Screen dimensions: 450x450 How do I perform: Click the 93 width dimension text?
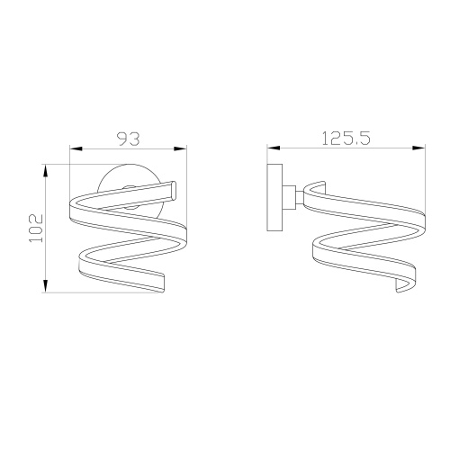[128, 139]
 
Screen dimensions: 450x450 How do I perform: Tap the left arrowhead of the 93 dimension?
[75, 150]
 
